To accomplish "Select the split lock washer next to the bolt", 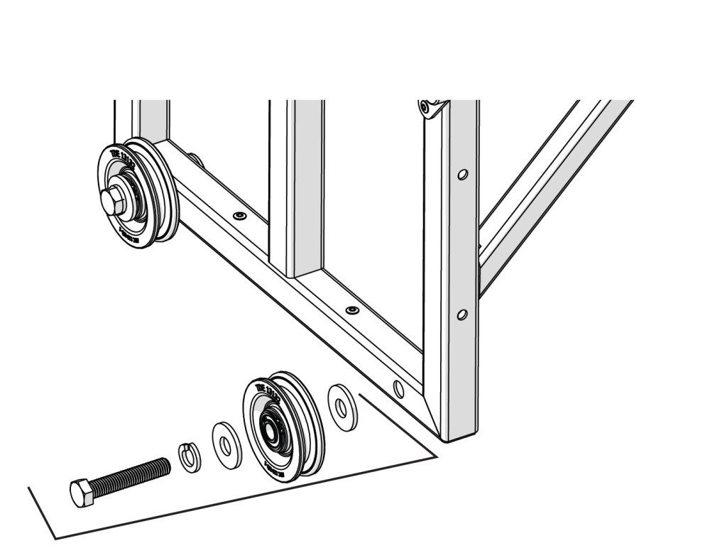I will coord(189,456).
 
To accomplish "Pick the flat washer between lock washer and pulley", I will coord(226,445).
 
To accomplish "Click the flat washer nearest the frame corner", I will coord(342,407).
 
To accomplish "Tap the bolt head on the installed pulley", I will coord(112,202).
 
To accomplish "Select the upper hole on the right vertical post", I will coord(462,174).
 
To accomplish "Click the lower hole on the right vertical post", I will coord(462,314).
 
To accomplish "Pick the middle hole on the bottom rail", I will coord(352,310).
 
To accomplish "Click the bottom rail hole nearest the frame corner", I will coord(398,389).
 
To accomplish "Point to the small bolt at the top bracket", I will coord(425,109).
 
